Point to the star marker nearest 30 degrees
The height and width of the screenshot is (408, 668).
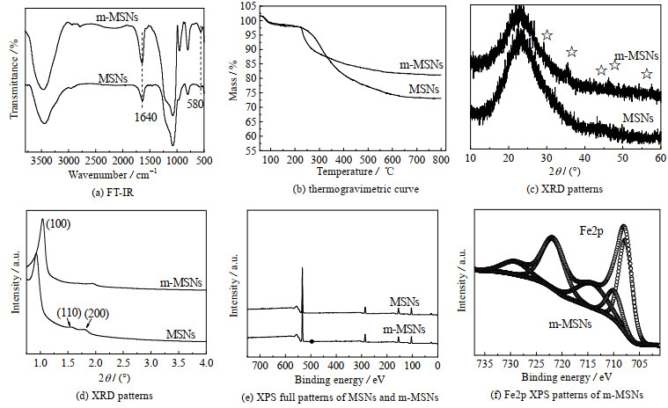pyautogui.click(x=547, y=35)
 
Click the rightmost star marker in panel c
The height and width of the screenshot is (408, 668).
pyautogui.click(x=647, y=74)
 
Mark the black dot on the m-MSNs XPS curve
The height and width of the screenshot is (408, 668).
pyautogui.click(x=311, y=340)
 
